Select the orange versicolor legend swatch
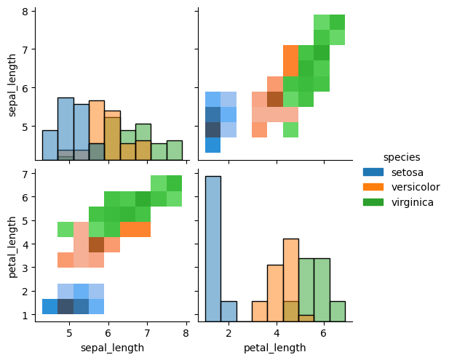tap(373, 187)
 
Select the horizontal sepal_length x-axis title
tap(111, 348)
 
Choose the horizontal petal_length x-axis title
tap(274, 348)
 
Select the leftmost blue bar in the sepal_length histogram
tap(50, 145)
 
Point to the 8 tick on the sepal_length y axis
tap(25, 12)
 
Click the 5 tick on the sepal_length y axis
tap(25, 127)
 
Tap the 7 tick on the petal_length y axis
tap(25, 174)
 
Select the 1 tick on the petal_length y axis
tap(25, 315)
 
